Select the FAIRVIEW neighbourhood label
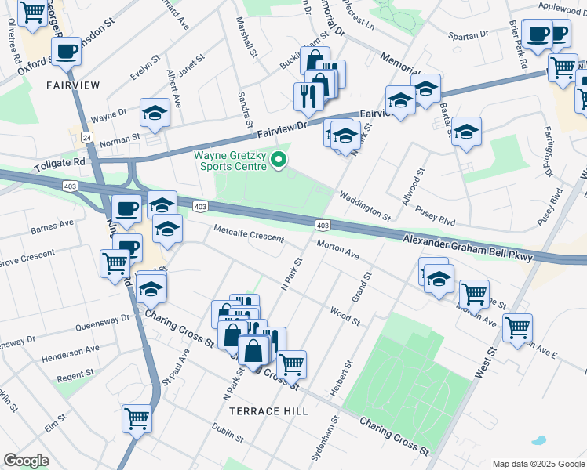71,84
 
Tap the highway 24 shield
86,136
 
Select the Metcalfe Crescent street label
249,232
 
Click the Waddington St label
365,206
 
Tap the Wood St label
345,316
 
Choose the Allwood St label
414,186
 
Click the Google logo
26,460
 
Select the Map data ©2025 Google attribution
537,464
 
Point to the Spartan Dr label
468,35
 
